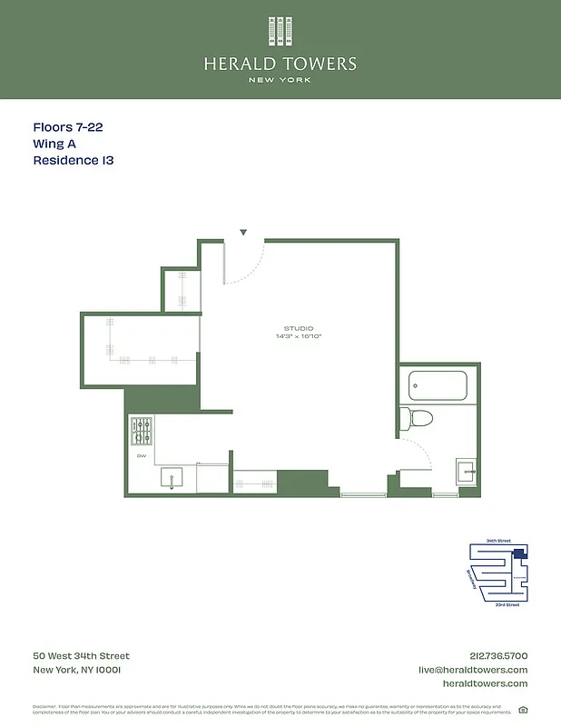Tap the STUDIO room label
tap(299, 328)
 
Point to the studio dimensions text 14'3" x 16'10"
tap(299, 337)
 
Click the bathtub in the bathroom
tap(438, 385)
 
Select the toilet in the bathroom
tap(417, 419)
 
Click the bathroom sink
tap(466, 471)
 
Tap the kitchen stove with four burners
tap(142, 428)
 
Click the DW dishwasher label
tap(141, 455)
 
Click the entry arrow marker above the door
tap(243, 233)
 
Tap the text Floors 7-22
tap(74, 128)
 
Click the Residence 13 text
tap(74, 161)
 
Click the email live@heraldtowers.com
tap(472, 670)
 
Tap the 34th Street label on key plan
tap(497, 541)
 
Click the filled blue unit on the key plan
tap(518, 553)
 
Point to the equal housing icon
tap(523, 710)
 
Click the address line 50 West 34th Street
tap(82, 656)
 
